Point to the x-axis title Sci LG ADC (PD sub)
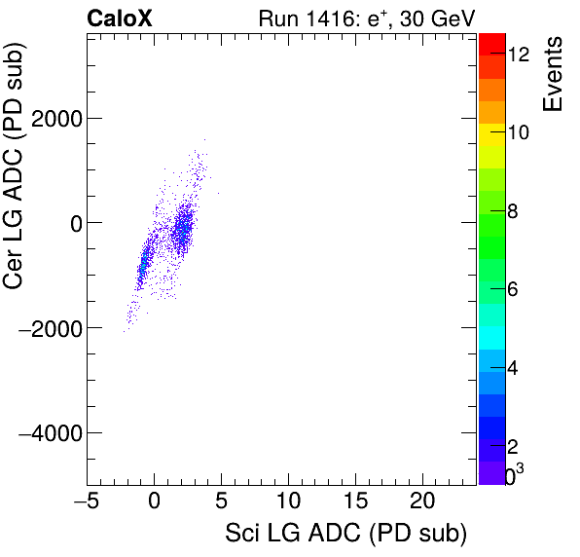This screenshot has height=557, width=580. pos(345,534)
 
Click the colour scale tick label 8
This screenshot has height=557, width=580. pos(512,210)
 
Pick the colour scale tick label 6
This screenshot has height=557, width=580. pos(512,289)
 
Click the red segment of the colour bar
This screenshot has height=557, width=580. pos(491,43)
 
